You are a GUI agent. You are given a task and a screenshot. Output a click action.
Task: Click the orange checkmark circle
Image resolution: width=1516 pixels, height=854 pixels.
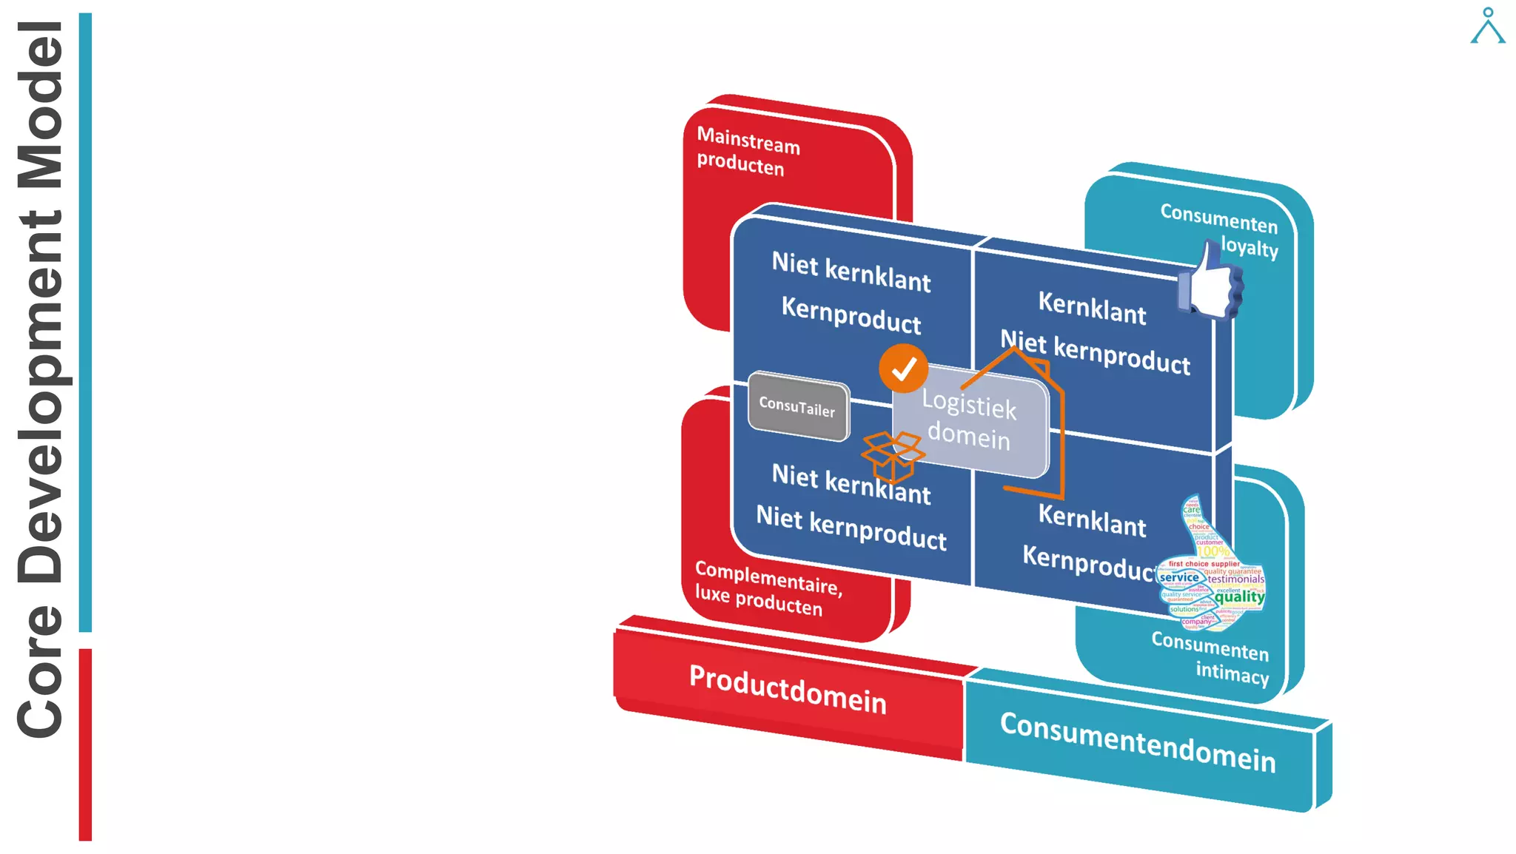coord(903,369)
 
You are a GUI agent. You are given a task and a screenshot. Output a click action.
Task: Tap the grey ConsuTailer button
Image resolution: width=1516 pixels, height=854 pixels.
coord(798,406)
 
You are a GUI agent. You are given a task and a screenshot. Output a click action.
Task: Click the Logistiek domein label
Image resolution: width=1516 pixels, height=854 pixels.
coord(970,420)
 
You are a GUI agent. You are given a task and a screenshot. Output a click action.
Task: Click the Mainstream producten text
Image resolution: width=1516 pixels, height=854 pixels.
coord(748,151)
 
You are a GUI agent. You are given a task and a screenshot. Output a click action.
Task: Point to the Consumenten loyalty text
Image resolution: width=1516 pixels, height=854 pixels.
coord(1220,229)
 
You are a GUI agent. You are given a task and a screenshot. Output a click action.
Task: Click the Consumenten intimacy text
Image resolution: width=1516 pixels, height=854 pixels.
coord(1211,657)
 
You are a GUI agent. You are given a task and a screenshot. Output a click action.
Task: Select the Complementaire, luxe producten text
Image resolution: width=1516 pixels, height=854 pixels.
coord(767,589)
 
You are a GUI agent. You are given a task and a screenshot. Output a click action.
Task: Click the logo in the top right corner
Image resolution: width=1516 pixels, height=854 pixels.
coord(1487,26)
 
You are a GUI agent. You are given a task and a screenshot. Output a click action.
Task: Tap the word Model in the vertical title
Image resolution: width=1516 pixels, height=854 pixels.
coord(41,104)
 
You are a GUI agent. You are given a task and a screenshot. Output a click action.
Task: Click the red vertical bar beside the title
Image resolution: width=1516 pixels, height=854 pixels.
coord(85,744)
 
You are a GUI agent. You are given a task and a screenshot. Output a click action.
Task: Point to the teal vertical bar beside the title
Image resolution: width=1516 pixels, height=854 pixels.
coord(85,322)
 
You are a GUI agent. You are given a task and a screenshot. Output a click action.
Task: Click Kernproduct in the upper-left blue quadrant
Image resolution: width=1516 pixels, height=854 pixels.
coord(851,315)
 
